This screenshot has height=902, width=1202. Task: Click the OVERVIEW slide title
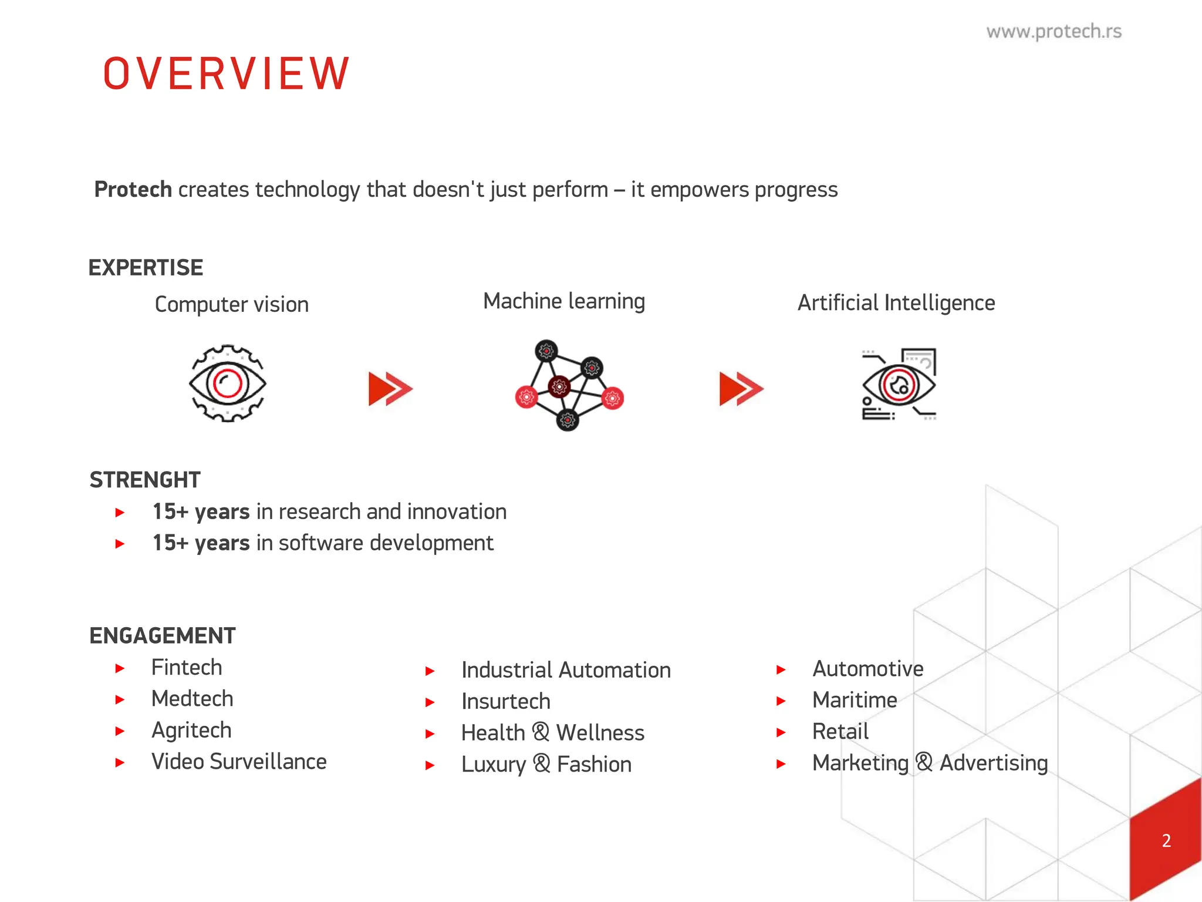tap(227, 74)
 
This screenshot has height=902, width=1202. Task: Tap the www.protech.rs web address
tap(1054, 31)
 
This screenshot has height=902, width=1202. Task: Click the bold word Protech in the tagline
tap(133, 190)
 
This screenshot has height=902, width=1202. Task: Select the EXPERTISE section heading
tap(146, 268)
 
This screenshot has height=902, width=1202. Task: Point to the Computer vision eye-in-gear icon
tap(228, 383)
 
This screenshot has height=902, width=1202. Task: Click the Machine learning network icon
tap(568, 385)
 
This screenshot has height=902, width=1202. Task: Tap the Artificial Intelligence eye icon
tap(899, 385)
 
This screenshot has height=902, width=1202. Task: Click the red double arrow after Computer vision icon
tap(390, 389)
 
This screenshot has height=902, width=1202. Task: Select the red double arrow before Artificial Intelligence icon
tap(741, 389)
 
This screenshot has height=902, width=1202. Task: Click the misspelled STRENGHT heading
tap(145, 480)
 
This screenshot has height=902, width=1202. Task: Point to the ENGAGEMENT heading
tap(162, 635)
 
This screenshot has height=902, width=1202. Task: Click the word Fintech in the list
tap(187, 667)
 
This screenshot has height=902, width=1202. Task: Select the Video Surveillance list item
tap(239, 762)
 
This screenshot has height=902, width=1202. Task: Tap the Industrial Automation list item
tap(566, 670)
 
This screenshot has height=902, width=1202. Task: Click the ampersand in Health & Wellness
tap(541, 732)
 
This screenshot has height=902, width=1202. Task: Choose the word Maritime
tap(855, 700)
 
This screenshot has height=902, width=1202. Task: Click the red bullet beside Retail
tap(781, 732)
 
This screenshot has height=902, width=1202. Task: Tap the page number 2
tap(1166, 840)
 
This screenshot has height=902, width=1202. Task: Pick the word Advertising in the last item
tap(994, 763)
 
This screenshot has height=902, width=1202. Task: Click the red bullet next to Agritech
tap(120, 731)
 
